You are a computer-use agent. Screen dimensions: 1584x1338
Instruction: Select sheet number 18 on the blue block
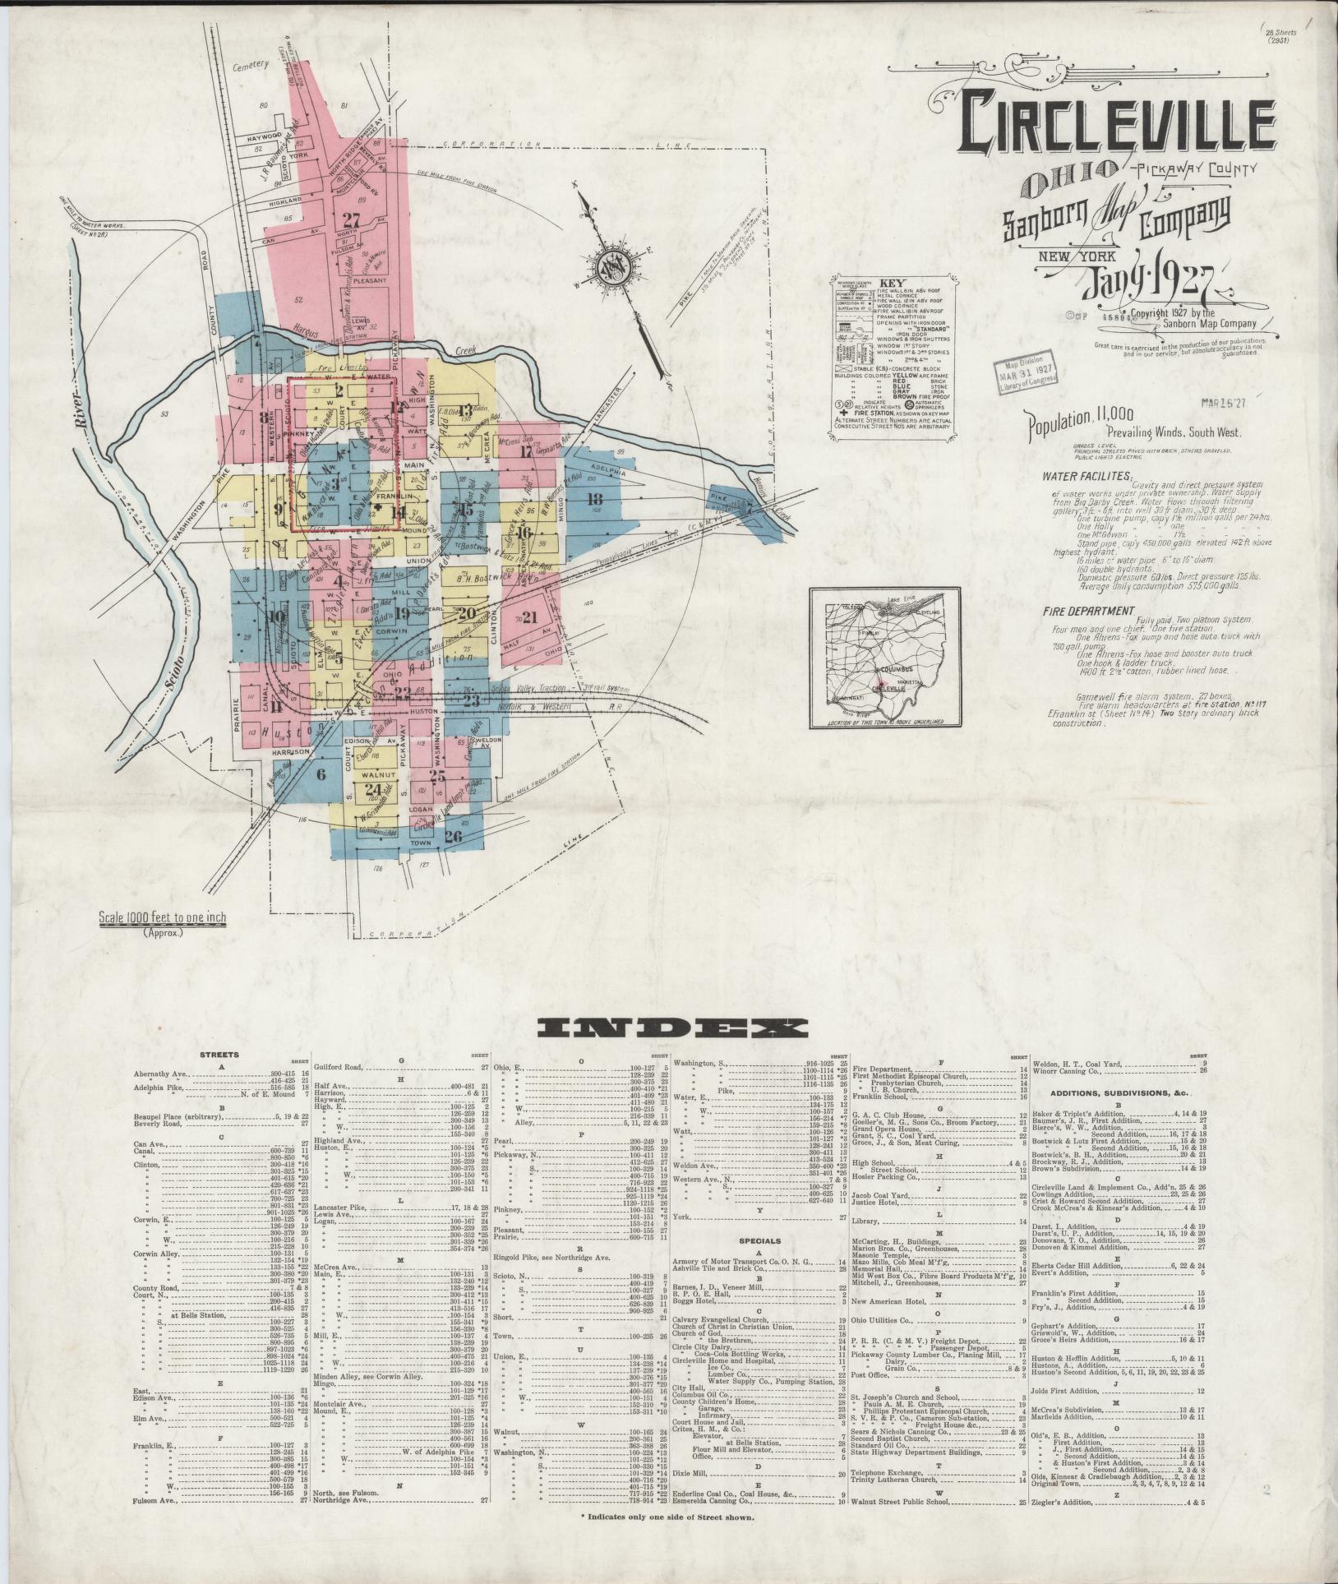(595, 498)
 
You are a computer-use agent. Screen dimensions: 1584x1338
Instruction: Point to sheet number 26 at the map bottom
(453, 837)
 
